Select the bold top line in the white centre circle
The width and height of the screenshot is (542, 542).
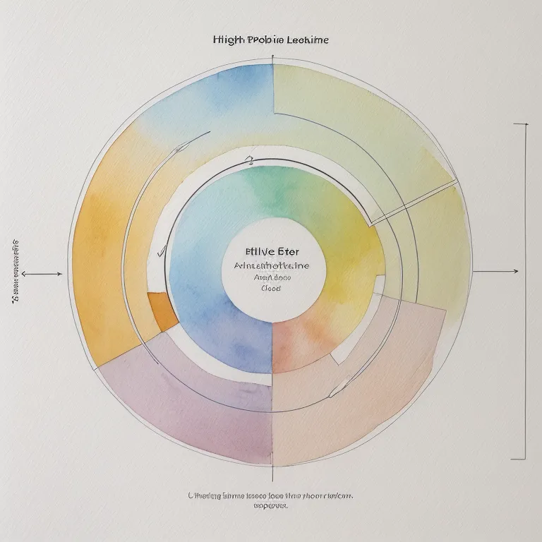[271, 252]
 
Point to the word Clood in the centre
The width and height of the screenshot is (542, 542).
[271, 288]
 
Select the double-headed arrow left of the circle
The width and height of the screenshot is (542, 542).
[41, 273]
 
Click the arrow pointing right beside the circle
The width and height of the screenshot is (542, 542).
[496, 271]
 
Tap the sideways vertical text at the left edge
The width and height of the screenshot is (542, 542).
[15, 272]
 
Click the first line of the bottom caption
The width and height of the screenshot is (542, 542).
[271, 496]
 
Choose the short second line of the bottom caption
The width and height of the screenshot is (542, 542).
[271, 506]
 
